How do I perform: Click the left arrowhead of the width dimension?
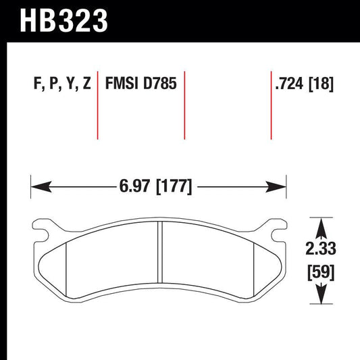(38, 184)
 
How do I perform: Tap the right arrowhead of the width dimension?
(280, 184)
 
